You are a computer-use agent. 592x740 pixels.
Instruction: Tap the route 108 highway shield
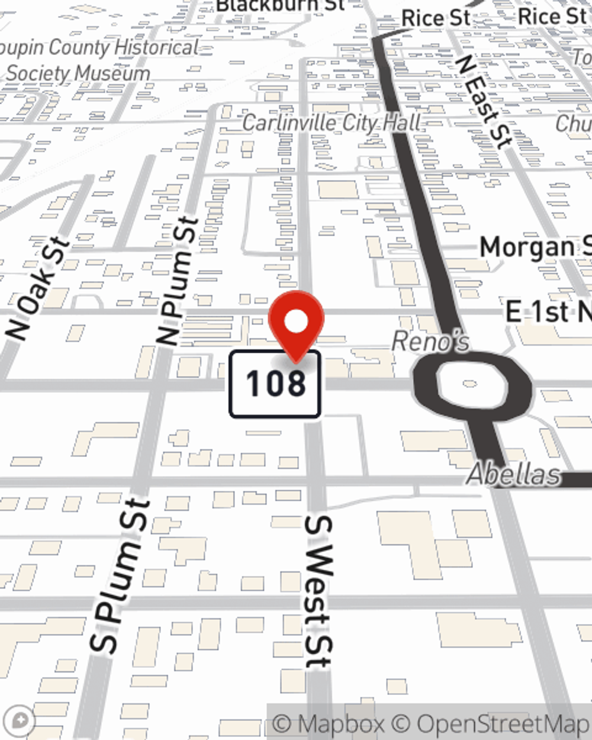tap(275, 384)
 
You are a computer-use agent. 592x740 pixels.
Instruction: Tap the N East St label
tap(483, 104)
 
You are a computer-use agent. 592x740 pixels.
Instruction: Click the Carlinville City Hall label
tap(332, 123)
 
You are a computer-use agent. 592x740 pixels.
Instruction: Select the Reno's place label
tap(430, 342)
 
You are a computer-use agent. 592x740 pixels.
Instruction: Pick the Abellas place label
tap(513, 475)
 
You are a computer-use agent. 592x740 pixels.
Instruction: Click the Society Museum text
tap(78, 73)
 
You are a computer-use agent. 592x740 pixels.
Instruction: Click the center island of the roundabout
tap(471, 384)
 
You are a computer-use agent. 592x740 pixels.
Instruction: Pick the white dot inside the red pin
tap(296, 321)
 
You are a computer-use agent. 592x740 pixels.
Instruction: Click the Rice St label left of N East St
tap(435, 18)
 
